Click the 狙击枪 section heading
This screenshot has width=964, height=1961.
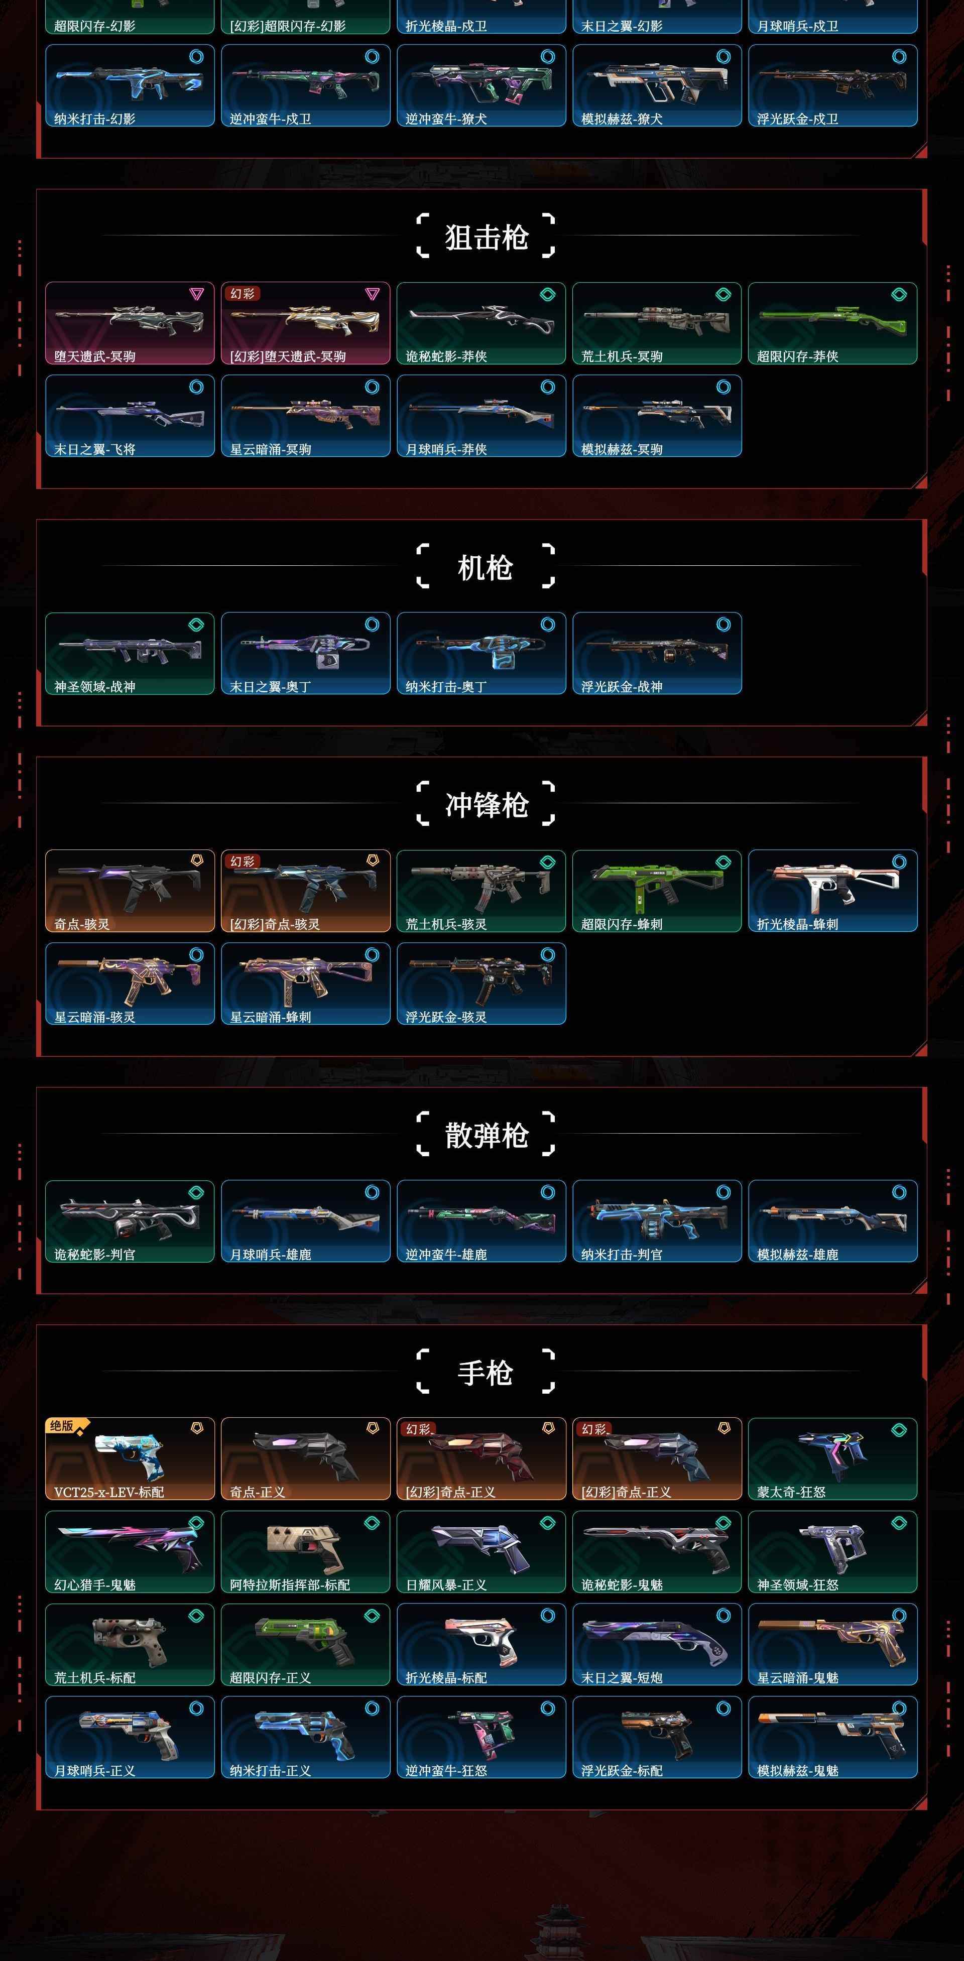486,237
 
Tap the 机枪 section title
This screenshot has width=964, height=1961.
485,567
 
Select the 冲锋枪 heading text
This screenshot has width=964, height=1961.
486,805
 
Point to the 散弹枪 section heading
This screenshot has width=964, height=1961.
486,1135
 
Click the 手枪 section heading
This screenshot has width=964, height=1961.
485,1373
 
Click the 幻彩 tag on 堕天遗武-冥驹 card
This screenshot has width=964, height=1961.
242,293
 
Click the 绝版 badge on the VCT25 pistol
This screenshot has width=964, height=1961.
62,1426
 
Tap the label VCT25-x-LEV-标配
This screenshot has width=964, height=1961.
109,1492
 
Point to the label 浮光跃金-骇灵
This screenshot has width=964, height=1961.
446,1017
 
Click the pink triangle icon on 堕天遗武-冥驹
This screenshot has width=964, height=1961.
196,294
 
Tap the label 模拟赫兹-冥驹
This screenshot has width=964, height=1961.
622,449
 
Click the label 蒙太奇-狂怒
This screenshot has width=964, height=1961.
791,1492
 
